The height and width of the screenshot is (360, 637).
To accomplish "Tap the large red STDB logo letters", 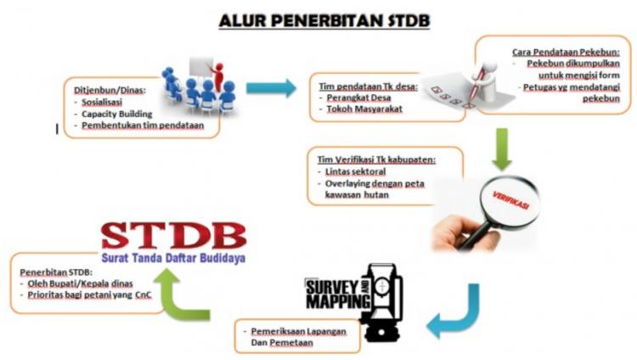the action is (x=173, y=236).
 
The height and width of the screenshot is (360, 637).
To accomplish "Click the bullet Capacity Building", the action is (x=118, y=112).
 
